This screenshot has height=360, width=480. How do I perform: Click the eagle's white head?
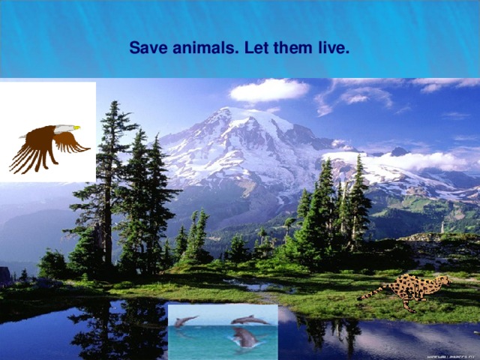click(66, 129)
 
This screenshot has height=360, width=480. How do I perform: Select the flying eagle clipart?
click(48, 144)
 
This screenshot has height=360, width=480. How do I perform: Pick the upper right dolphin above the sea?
click(249, 320)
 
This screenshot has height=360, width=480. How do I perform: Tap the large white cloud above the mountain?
click(268, 90)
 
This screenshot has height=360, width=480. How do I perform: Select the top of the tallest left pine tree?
click(113, 105)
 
